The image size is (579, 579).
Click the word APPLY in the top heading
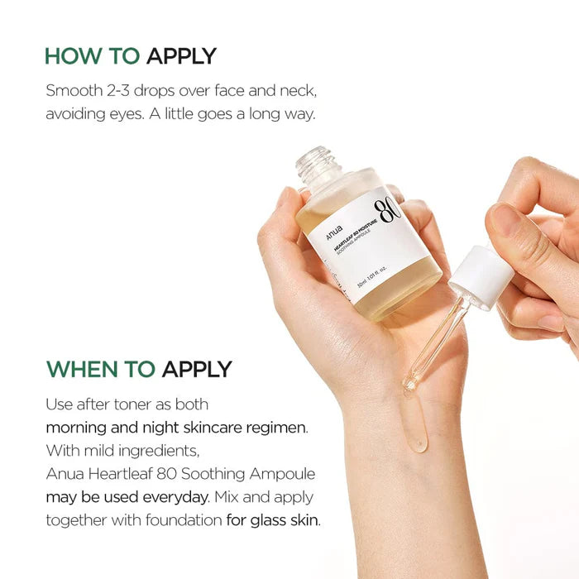tap(181, 56)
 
